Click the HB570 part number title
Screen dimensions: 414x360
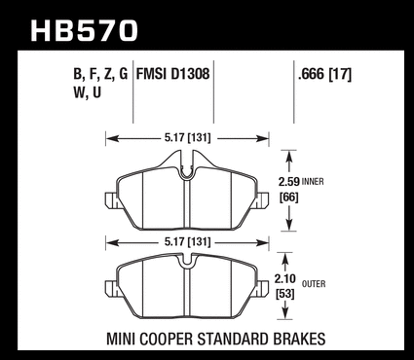point(85,30)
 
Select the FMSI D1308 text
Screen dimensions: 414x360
point(172,74)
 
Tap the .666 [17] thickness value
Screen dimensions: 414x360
point(324,75)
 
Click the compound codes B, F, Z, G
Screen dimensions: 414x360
point(100,75)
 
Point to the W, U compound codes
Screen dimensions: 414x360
point(88,93)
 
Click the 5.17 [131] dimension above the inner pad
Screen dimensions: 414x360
point(187,138)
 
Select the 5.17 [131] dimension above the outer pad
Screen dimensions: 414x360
point(187,242)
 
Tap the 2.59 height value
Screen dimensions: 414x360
point(288,182)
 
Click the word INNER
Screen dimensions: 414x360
point(313,182)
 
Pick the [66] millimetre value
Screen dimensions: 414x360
point(288,198)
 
